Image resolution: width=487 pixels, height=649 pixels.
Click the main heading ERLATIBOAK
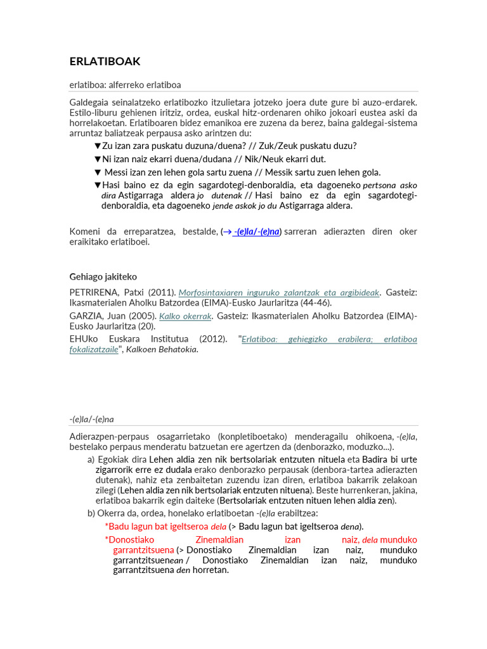[105, 61]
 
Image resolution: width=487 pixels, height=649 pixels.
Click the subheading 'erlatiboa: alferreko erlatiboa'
[125, 85]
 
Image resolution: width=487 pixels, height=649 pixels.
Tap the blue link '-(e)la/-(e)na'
[257, 231]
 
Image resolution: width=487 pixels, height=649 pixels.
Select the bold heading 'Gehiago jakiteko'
[103, 276]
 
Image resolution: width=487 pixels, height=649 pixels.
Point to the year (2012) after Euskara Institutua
[212, 339]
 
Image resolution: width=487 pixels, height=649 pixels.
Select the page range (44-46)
[315, 302]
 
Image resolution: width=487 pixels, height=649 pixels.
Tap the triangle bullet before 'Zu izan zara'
[97, 146]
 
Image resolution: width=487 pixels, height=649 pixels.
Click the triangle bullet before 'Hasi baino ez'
[97, 185]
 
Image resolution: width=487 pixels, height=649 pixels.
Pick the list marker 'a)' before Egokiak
[91, 459]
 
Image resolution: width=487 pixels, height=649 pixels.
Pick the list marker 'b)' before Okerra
[91, 513]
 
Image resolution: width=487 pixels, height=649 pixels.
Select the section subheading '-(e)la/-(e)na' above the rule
[91, 419]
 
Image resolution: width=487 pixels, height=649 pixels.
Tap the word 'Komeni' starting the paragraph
[85, 231]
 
